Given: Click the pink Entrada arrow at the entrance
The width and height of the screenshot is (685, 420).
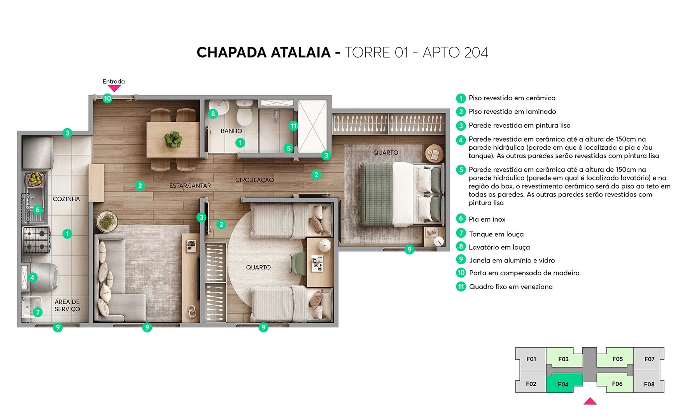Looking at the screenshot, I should (114, 88).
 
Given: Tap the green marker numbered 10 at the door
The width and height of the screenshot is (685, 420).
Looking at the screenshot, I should (107, 98).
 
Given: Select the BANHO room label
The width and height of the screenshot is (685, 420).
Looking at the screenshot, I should (231, 131).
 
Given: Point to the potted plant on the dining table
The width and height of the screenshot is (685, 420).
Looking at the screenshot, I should (173, 139).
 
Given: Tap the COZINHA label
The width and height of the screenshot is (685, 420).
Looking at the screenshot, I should (66, 199).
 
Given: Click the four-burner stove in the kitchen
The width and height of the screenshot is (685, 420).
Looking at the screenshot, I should (37, 240).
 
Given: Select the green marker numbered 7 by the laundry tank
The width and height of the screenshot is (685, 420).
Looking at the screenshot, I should (38, 312).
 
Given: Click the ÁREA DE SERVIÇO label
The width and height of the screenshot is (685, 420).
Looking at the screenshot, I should (67, 305).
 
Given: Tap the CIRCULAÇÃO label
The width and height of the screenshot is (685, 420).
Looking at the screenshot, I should (254, 180).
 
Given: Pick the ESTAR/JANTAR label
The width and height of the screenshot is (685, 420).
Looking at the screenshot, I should (190, 186).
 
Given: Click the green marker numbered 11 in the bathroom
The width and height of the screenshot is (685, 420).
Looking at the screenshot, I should (293, 126).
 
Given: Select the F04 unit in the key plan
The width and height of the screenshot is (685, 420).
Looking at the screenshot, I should (563, 384).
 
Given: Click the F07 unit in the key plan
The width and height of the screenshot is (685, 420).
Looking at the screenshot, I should (649, 359).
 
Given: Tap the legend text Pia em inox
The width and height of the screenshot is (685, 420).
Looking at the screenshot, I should (487, 219).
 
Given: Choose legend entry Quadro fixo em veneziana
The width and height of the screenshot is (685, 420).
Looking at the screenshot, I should (510, 287).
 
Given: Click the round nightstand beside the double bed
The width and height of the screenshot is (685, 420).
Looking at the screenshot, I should (434, 153).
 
